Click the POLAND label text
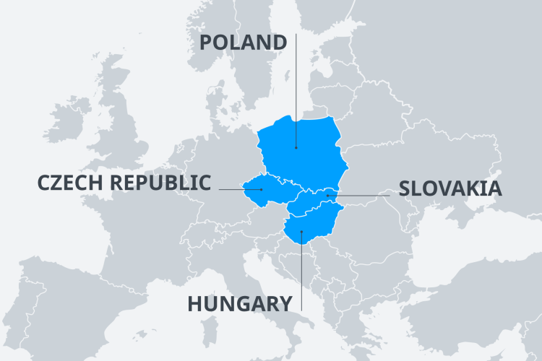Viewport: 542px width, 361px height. (x=243, y=43)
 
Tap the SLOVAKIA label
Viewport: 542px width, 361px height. (x=450, y=189)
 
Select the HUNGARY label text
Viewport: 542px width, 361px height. (x=240, y=303)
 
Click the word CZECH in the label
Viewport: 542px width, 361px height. (x=70, y=183)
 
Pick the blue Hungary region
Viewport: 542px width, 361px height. (x=318, y=220)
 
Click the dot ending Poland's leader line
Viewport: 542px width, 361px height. (x=296, y=148)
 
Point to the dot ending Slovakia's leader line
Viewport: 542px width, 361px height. (x=327, y=195)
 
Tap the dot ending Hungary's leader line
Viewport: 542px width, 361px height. (x=301, y=232)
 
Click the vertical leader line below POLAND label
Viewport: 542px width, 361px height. (x=296, y=94)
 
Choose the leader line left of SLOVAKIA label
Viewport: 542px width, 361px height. (x=361, y=195)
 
